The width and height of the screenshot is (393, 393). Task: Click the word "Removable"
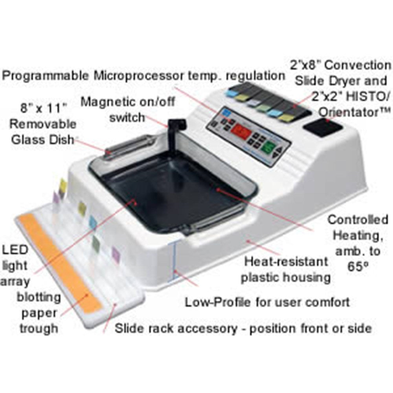[43, 124]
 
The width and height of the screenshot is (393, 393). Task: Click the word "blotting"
[39, 296]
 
